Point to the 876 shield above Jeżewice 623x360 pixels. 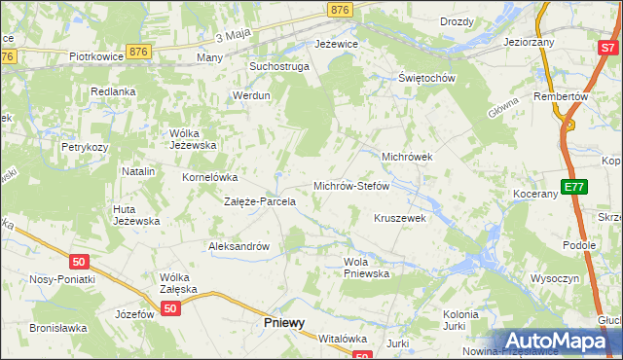[340, 9]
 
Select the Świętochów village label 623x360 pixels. [427, 78]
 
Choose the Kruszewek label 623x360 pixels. [400, 218]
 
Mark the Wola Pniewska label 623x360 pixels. [366, 268]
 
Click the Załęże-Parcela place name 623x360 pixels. [260, 202]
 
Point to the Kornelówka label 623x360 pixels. [210, 177]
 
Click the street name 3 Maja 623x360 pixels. [233, 36]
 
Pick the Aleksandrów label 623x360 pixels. [238, 246]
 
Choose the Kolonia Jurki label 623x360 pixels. [460, 321]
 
